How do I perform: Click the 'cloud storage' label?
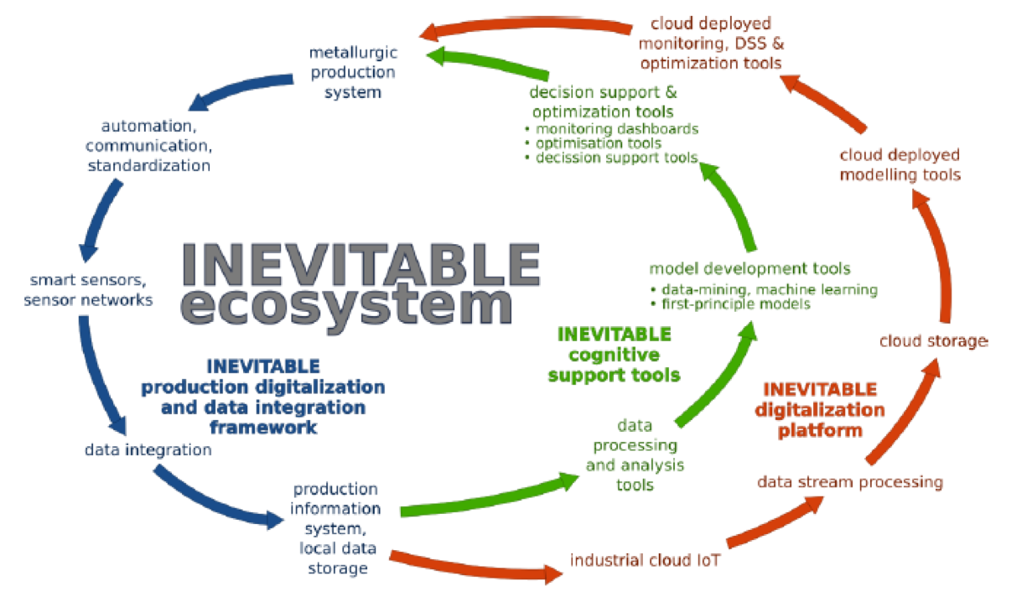tap(933, 341)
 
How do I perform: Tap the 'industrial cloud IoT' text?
tap(645, 560)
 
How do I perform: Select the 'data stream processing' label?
tap(850, 482)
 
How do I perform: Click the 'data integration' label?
tap(148, 449)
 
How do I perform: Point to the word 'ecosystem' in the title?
tap(347, 306)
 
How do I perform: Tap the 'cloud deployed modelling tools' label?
tap(900, 164)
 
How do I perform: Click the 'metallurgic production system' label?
tap(353, 72)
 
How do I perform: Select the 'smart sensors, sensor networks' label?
tap(88, 290)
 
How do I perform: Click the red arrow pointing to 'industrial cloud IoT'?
tap(475, 567)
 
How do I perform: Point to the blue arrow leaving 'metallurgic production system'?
tap(238, 90)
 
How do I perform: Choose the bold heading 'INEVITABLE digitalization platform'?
tap(820, 410)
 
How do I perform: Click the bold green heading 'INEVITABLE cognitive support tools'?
tap(614, 355)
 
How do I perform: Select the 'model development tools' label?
tap(750, 268)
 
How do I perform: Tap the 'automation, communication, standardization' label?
tap(148, 145)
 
